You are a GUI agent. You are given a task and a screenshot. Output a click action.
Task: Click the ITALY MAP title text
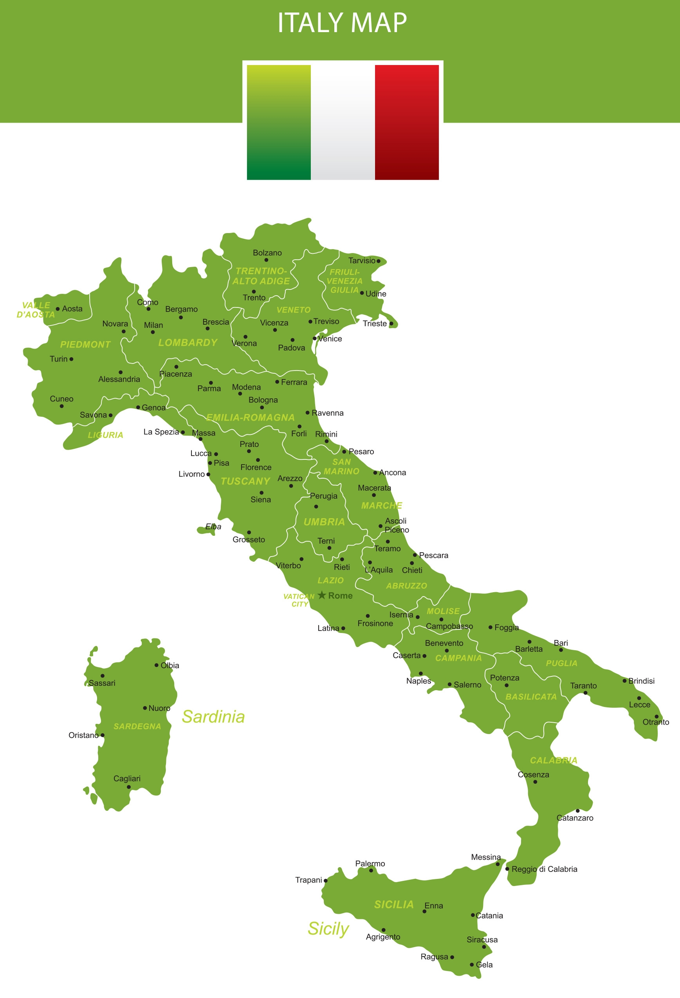click(x=342, y=23)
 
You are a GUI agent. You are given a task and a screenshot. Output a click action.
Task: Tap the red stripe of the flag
click(x=406, y=122)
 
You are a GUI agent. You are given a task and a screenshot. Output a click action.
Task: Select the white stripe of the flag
click(x=343, y=122)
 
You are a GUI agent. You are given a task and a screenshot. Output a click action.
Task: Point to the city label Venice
click(x=330, y=339)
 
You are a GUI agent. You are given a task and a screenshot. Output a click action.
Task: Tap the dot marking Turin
click(x=71, y=359)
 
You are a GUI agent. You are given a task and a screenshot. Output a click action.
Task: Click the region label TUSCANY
click(x=245, y=481)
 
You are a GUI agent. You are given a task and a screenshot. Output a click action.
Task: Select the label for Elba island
click(x=213, y=526)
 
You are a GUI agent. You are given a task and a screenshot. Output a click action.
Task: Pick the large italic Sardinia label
click(x=213, y=717)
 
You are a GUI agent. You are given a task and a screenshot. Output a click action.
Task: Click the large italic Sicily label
click(x=328, y=929)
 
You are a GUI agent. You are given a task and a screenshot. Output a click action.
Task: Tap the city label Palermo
click(x=370, y=864)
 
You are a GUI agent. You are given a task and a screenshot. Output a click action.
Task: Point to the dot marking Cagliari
click(x=128, y=787)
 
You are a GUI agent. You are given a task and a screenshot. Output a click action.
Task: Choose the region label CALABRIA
click(x=554, y=761)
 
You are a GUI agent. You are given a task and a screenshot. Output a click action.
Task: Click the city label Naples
click(x=418, y=681)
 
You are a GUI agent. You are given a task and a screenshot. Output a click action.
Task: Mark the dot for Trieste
click(x=391, y=324)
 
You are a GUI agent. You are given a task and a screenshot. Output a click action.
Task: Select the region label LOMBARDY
click(x=188, y=343)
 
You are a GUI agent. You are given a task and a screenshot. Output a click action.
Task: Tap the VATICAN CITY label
click(x=299, y=600)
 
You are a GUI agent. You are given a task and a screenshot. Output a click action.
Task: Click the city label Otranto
click(x=655, y=722)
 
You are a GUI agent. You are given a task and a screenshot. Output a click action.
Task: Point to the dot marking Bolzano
click(x=266, y=260)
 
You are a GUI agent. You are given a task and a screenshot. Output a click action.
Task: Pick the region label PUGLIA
click(x=561, y=664)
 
